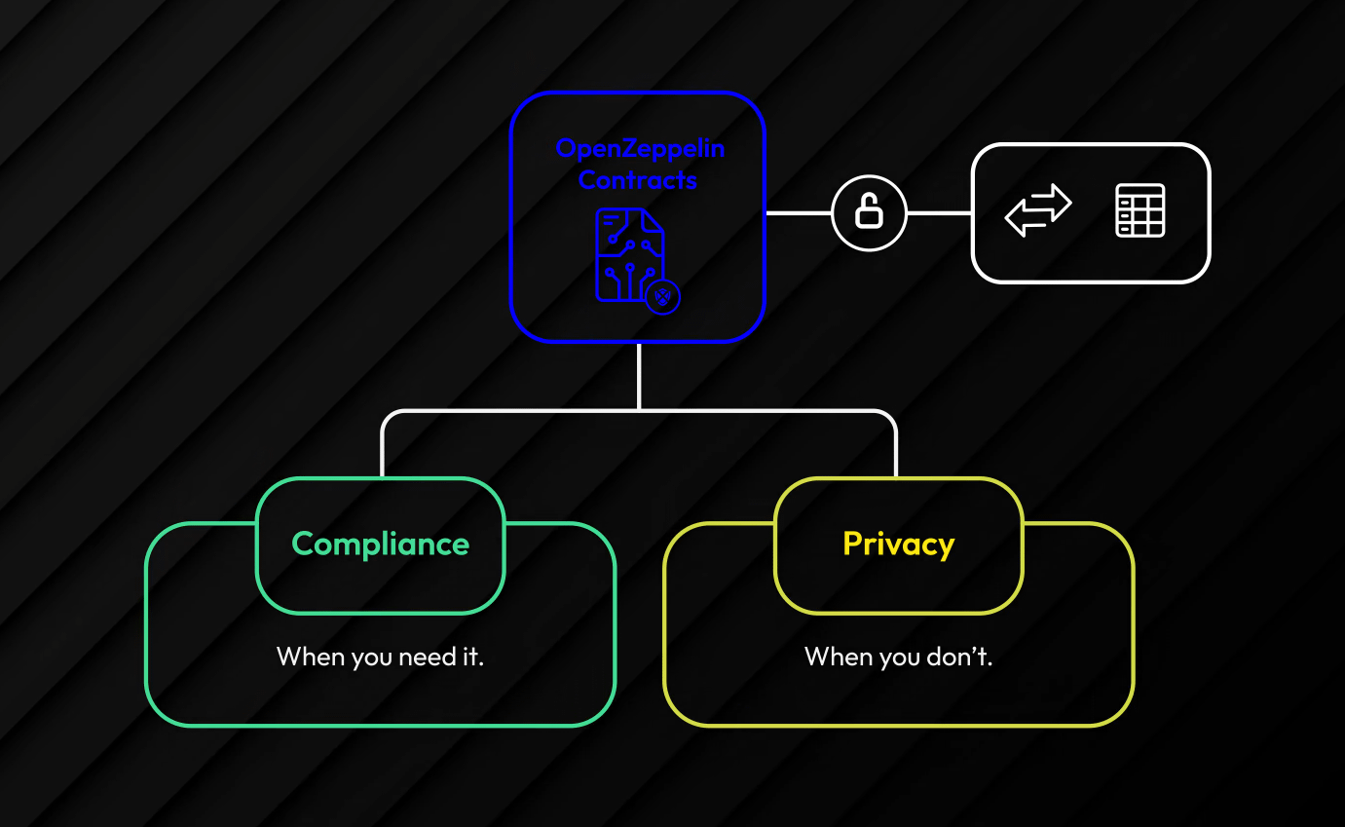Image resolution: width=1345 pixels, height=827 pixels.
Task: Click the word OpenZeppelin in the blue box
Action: click(x=640, y=149)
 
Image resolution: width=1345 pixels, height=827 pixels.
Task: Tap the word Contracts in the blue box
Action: click(x=638, y=180)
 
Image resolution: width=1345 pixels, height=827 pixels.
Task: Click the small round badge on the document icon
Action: click(x=663, y=296)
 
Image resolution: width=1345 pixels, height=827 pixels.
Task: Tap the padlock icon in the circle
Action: click(x=869, y=213)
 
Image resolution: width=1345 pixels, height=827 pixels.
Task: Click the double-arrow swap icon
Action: click(x=1038, y=210)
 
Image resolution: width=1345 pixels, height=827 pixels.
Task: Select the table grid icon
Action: click(x=1140, y=210)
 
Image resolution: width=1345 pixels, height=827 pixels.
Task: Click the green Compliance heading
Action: click(x=380, y=544)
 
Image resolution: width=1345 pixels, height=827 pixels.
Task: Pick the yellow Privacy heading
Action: click(x=898, y=544)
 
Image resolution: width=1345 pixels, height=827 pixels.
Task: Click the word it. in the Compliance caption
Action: click(x=470, y=657)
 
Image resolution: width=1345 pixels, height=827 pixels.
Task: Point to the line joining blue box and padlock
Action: click(x=799, y=212)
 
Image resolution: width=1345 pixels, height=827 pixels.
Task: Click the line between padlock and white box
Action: click(x=939, y=212)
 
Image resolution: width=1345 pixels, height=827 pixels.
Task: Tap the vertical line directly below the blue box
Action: click(x=639, y=375)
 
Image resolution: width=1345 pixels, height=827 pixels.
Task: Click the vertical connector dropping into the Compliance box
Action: click(x=383, y=448)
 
